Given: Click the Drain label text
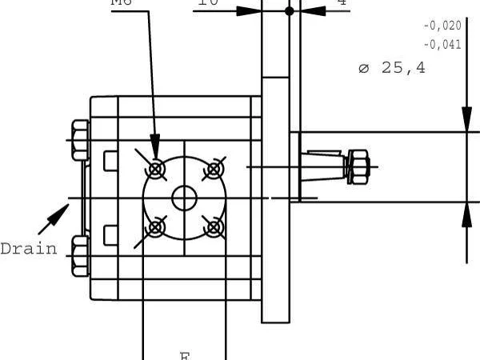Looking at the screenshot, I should coord(29,249).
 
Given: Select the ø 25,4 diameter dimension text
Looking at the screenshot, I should coord(391,68).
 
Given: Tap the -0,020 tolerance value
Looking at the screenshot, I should coord(442,26).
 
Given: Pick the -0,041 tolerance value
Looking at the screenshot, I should coord(442,45).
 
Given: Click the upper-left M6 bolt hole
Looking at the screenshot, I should coord(156,169).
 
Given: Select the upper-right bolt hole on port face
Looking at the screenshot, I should coord(213,169).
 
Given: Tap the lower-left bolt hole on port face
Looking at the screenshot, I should coord(156,227).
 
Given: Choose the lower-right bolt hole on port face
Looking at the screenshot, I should coord(213,227).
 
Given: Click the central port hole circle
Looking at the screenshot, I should coord(185,198).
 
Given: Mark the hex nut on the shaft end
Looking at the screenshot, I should coord(357,166).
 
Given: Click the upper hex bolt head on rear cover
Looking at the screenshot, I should coord(79,141).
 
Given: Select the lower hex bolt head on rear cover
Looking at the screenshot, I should coord(79,256).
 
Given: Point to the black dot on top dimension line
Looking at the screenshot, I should coord(289,11).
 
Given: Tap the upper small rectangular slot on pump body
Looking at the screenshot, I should coord(110,161).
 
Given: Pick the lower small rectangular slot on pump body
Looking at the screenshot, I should coord(110,235).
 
